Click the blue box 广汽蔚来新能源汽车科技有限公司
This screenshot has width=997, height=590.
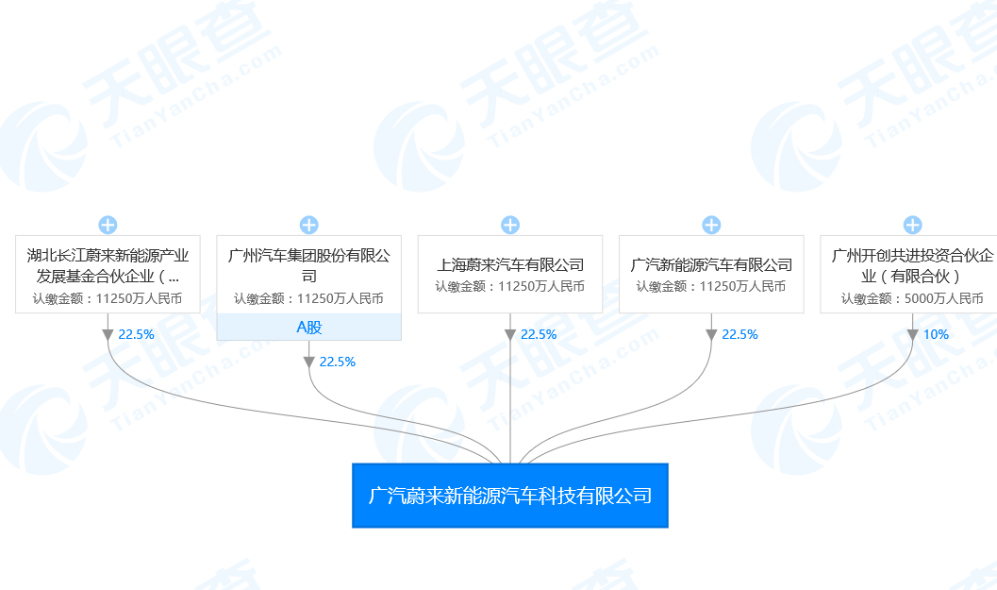(x=509, y=496)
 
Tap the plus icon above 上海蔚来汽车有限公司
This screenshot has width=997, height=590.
(x=510, y=225)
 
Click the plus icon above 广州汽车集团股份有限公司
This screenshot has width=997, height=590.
(x=309, y=225)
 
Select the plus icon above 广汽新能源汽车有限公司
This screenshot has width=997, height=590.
(x=711, y=225)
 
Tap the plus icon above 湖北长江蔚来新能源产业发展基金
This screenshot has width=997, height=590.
(x=108, y=225)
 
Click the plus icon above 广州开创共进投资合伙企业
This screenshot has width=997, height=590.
(x=912, y=225)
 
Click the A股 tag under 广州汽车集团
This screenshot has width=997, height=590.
(x=309, y=328)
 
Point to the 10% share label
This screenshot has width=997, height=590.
(x=936, y=334)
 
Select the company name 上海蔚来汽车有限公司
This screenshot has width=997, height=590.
(x=510, y=265)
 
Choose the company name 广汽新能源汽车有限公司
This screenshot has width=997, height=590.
(x=711, y=265)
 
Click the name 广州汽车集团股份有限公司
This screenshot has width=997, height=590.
(x=309, y=265)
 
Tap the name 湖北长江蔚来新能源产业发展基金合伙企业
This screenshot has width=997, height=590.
(x=108, y=265)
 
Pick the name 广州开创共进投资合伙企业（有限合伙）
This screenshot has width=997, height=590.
(x=912, y=265)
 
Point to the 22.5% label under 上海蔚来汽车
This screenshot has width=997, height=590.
(x=539, y=334)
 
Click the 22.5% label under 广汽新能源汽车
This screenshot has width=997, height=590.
(x=739, y=334)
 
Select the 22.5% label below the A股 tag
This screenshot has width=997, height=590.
(x=338, y=362)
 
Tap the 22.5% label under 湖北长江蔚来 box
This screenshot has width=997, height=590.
(x=137, y=334)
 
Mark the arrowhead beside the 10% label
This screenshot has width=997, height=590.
(x=912, y=334)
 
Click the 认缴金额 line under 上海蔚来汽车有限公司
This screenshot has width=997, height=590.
(x=510, y=286)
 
